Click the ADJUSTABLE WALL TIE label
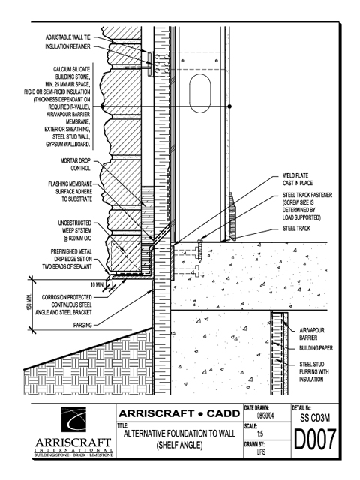[68, 37]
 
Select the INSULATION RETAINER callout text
[68, 46]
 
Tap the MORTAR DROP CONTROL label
[76, 165]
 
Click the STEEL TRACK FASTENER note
[307, 206]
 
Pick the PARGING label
[82, 325]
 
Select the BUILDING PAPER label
[316, 348]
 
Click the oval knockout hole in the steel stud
[200, 93]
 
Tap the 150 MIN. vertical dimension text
[29, 302]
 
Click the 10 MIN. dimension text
[97, 285]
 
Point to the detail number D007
[315, 439]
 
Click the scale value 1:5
[260, 433]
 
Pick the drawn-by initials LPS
[261, 451]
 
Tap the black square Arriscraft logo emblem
[73, 419]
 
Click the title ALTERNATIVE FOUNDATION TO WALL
[180, 433]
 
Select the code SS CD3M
[315, 418]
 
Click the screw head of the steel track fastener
[200, 241]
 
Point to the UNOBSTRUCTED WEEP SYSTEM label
[75, 231]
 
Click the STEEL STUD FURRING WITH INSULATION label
[313, 372]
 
